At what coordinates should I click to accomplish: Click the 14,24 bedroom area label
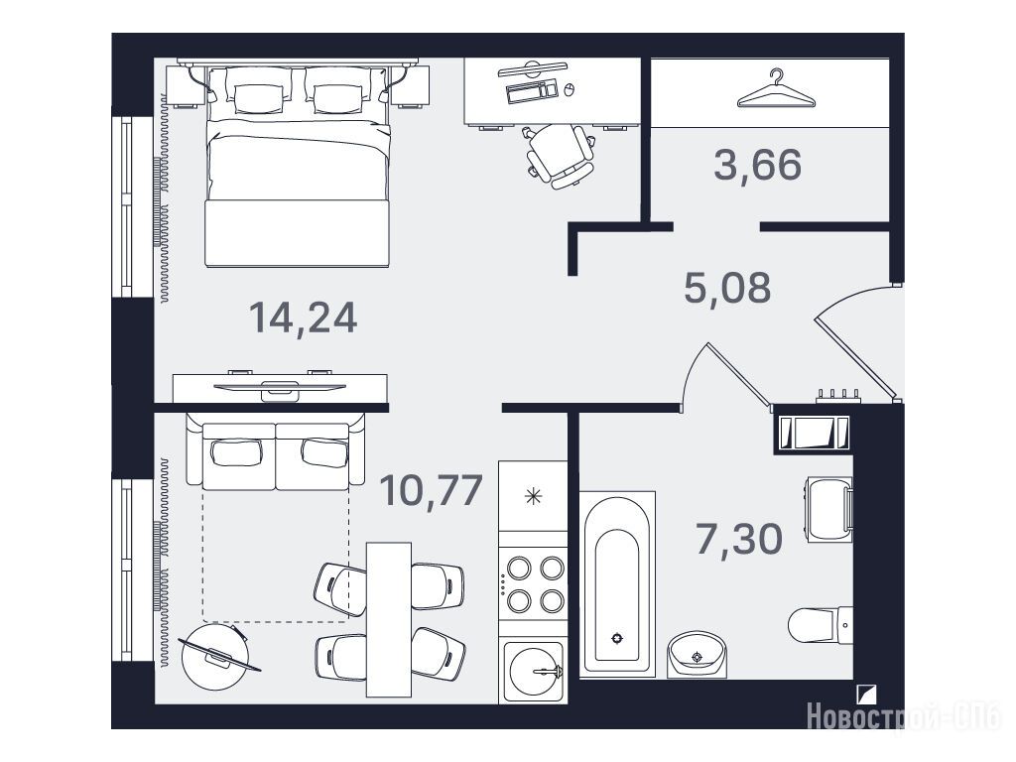tap(304, 318)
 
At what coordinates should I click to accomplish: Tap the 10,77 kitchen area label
tap(431, 490)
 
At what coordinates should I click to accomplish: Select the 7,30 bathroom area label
tap(738, 539)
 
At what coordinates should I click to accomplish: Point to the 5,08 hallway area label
tap(727, 288)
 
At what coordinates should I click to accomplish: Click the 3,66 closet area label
tap(757, 164)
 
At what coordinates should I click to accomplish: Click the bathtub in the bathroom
tap(617, 583)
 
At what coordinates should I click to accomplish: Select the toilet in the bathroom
tap(821, 625)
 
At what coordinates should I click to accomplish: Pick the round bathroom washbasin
tap(698, 655)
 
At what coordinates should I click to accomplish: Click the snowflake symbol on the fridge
tap(533, 496)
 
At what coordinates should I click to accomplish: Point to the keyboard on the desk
tap(532, 90)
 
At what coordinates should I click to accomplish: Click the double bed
tap(298, 166)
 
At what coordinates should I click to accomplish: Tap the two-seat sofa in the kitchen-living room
tap(276, 451)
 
